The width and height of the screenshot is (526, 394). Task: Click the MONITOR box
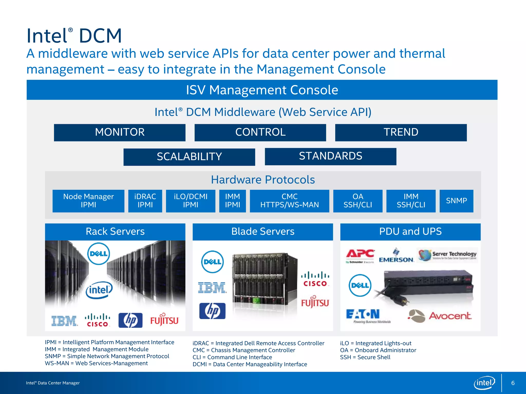pyautogui.click(x=120, y=132)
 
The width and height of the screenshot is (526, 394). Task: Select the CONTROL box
pyautogui.click(x=260, y=132)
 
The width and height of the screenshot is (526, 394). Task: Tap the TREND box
pyautogui.click(x=401, y=132)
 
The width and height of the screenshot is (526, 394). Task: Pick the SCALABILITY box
pyautogui.click(x=189, y=157)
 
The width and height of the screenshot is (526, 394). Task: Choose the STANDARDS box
pyautogui.click(x=330, y=156)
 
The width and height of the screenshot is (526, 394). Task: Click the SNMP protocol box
pyautogui.click(x=456, y=201)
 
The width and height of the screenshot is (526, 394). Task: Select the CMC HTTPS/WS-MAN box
pyautogui.click(x=289, y=201)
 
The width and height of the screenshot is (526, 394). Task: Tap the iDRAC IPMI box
pyautogui.click(x=145, y=201)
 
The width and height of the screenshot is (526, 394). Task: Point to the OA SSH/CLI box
pyautogui.click(x=358, y=201)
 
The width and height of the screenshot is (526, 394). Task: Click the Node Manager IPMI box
pyautogui.click(x=88, y=201)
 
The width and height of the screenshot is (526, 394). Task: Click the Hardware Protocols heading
pyautogui.click(x=263, y=180)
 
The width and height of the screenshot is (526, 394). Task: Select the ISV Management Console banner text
pyautogui.click(x=262, y=90)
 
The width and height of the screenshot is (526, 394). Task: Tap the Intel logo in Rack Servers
pyautogui.click(x=99, y=290)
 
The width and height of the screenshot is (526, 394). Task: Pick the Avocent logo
pyautogui.click(x=440, y=316)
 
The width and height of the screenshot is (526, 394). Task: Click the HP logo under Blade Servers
pyautogui.click(x=212, y=311)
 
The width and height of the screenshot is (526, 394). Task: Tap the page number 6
pyautogui.click(x=513, y=383)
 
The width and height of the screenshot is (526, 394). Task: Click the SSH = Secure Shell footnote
pyautogui.click(x=365, y=357)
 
